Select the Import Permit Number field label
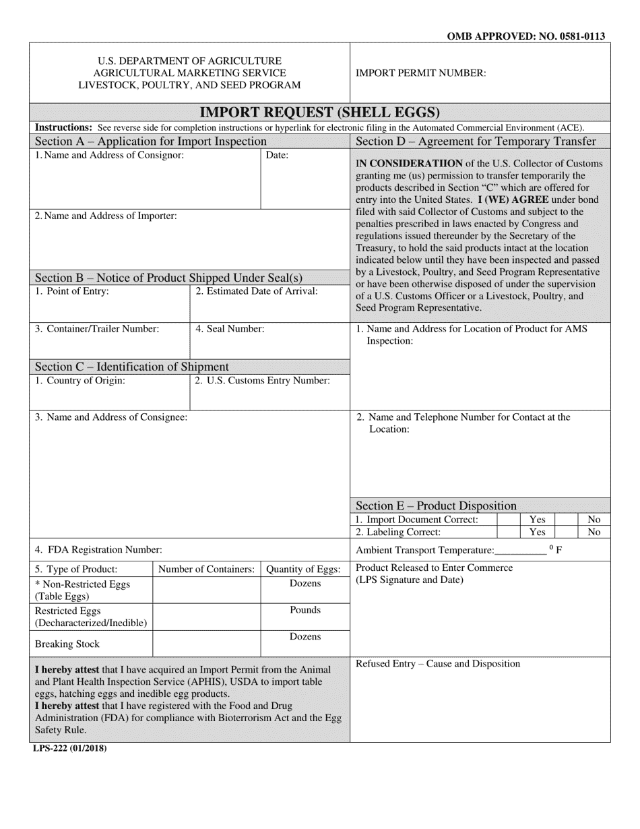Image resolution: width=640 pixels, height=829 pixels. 420,73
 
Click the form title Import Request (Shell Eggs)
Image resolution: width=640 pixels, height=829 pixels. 319,112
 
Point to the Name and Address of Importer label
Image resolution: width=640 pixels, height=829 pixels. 106,216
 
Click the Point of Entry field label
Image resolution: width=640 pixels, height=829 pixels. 71,291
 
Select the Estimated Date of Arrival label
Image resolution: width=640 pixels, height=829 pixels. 256,291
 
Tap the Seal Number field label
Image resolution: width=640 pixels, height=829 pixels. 230,329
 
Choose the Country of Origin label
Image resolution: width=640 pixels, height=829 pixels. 79,380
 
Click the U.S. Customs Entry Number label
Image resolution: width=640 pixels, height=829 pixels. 262,380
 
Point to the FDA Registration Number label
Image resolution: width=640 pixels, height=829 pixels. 98,549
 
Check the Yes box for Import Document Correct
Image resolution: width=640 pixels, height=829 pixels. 508,520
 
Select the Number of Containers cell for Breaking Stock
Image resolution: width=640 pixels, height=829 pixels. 207,644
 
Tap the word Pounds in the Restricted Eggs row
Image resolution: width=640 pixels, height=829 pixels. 305,610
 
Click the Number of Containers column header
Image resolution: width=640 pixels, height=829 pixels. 207,569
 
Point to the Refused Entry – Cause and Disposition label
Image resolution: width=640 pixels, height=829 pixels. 438,664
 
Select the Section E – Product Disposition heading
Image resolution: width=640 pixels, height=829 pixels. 436,505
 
